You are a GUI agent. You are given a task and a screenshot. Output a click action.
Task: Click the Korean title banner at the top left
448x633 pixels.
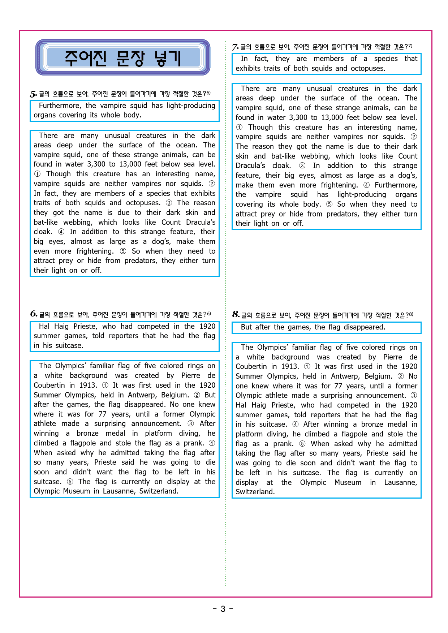click(123, 58)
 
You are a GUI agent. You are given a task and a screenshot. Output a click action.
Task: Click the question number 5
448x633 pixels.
click(33, 94)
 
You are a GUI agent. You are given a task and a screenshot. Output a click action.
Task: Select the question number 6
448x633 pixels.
click(34, 314)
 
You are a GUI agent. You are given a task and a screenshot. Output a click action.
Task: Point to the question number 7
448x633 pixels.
click(235, 47)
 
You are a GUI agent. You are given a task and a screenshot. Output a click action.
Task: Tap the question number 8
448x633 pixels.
click(236, 314)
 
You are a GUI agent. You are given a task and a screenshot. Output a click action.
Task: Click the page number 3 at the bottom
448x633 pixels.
click(223, 609)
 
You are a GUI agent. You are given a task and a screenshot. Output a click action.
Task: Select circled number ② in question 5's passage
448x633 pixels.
click(212, 184)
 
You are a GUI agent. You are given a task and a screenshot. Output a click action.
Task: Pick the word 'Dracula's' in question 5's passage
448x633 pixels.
click(201, 222)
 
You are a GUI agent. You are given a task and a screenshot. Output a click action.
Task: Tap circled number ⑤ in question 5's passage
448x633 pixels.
click(123, 251)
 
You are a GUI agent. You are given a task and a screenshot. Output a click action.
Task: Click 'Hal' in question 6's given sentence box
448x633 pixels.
click(44, 326)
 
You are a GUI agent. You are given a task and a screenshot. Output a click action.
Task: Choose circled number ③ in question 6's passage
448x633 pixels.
click(190, 423)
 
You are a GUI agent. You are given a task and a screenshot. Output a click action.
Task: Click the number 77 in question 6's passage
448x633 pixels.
click(103, 414)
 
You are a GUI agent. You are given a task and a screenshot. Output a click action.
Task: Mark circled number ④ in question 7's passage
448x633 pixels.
click(366, 185)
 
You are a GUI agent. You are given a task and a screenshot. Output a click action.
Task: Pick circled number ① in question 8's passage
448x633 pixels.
click(307, 366)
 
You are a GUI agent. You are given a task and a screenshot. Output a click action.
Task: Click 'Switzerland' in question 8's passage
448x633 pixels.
click(255, 492)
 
